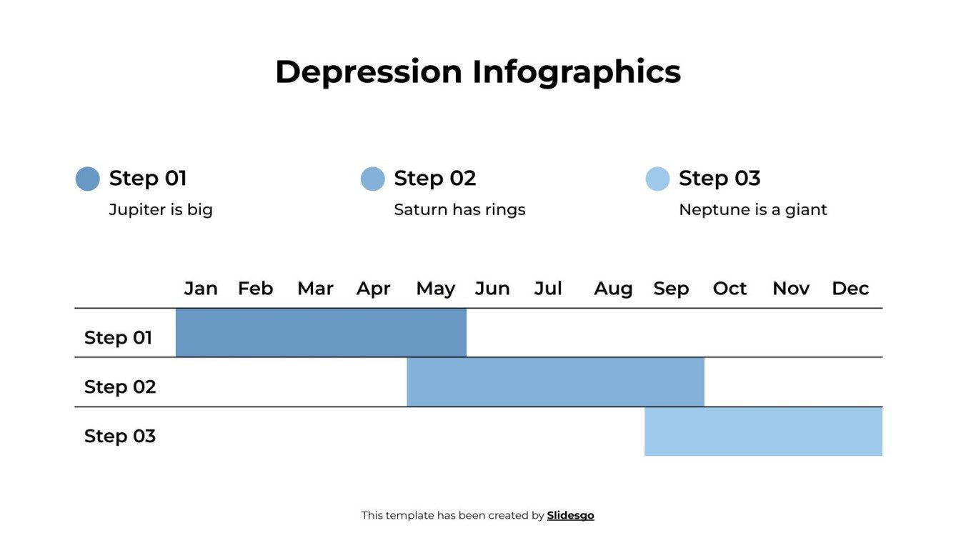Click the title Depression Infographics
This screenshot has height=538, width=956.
477,72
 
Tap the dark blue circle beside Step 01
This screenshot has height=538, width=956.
88,179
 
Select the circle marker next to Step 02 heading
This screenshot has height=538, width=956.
373,179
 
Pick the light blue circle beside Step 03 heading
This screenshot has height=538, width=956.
657,179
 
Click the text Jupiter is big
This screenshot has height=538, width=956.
161,210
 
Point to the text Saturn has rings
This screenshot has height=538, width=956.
459,210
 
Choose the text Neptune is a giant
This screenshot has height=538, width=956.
752,210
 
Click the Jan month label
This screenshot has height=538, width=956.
201,289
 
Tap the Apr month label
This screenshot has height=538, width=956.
374,289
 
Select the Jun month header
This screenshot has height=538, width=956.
492,289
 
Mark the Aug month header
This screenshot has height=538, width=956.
613,289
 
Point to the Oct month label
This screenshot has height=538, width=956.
730,289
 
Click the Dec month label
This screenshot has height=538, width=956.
850,289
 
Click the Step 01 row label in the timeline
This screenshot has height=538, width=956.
119,337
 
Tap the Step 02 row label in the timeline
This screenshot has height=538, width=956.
120,387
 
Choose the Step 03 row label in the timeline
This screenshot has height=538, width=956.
120,436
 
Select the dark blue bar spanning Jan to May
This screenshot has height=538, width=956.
321,333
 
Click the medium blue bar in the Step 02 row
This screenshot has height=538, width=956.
555,382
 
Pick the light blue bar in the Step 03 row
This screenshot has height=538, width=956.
763,432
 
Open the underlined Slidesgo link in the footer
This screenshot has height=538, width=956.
570,515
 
